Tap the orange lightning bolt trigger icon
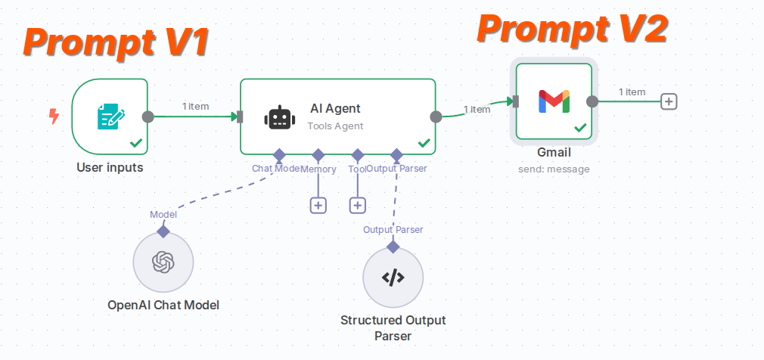(x=54, y=116)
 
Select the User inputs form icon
(x=110, y=116)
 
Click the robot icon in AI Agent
(x=278, y=117)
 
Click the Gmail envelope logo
(x=554, y=101)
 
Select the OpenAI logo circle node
(x=163, y=262)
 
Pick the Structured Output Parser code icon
(x=393, y=278)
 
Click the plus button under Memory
(x=318, y=205)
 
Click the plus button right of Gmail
(x=668, y=101)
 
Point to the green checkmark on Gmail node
(x=580, y=129)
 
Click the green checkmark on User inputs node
(x=136, y=142)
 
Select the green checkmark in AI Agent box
(x=424, y=142)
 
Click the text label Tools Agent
(x=335, y=126)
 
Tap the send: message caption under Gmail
(x=553, y=169)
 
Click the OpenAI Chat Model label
(x=163, y=305)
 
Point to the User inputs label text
(x=110, y=167)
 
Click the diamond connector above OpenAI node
(x=163, y=231)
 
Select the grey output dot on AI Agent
(x=436, y=116)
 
